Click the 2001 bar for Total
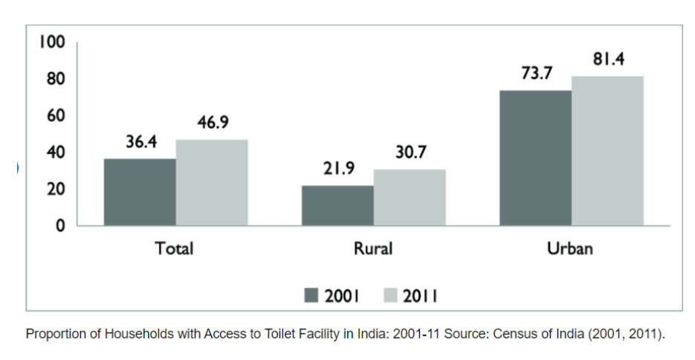pos(140,192)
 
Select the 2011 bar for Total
pos(212,182)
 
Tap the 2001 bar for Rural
pos(337,205)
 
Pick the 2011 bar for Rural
pos(410,197)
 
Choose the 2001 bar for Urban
pos(535,158)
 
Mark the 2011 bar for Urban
pos(607,150)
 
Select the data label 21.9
pos(337,170)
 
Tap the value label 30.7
pos(410,153)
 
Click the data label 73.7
pos(536,75)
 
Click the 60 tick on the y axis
pos(56,115)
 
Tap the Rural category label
pos(373,248)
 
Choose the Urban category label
pos(570,248)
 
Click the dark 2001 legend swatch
pos(311,295)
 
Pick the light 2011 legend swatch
pos(391,295)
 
